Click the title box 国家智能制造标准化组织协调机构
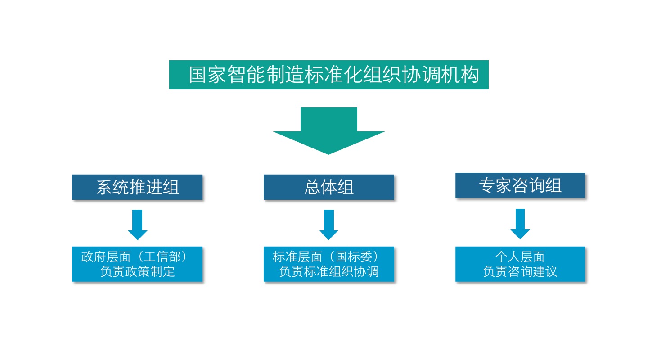point(328,75)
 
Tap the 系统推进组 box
point(137,187)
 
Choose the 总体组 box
point(328,187)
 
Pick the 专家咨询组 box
point(520,185)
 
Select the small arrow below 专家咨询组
point(520,224)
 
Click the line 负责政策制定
point(137,272)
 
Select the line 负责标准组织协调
point(328,272)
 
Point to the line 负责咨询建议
point(520,272)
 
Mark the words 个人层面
point(520,257)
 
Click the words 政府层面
point(106,257)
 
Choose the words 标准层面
point(297,257)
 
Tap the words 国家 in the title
point(207,75)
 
